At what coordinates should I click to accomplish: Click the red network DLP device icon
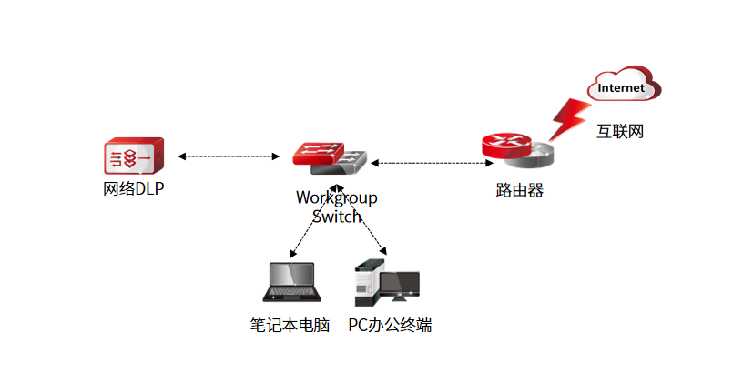(134, 156)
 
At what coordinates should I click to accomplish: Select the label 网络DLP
(133, 189)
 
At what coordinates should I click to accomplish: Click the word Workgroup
(336, 197)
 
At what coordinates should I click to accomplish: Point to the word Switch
(336, 217)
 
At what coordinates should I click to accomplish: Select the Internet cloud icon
(624, 86)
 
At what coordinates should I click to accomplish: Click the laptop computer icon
(290, 283)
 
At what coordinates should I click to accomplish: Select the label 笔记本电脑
(289, 325)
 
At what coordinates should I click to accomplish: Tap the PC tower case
(367, 284)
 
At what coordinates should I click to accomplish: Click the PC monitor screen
(400, 285)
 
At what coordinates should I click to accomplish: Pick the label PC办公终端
(390, 325)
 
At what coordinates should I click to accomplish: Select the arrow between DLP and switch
(229, 156)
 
